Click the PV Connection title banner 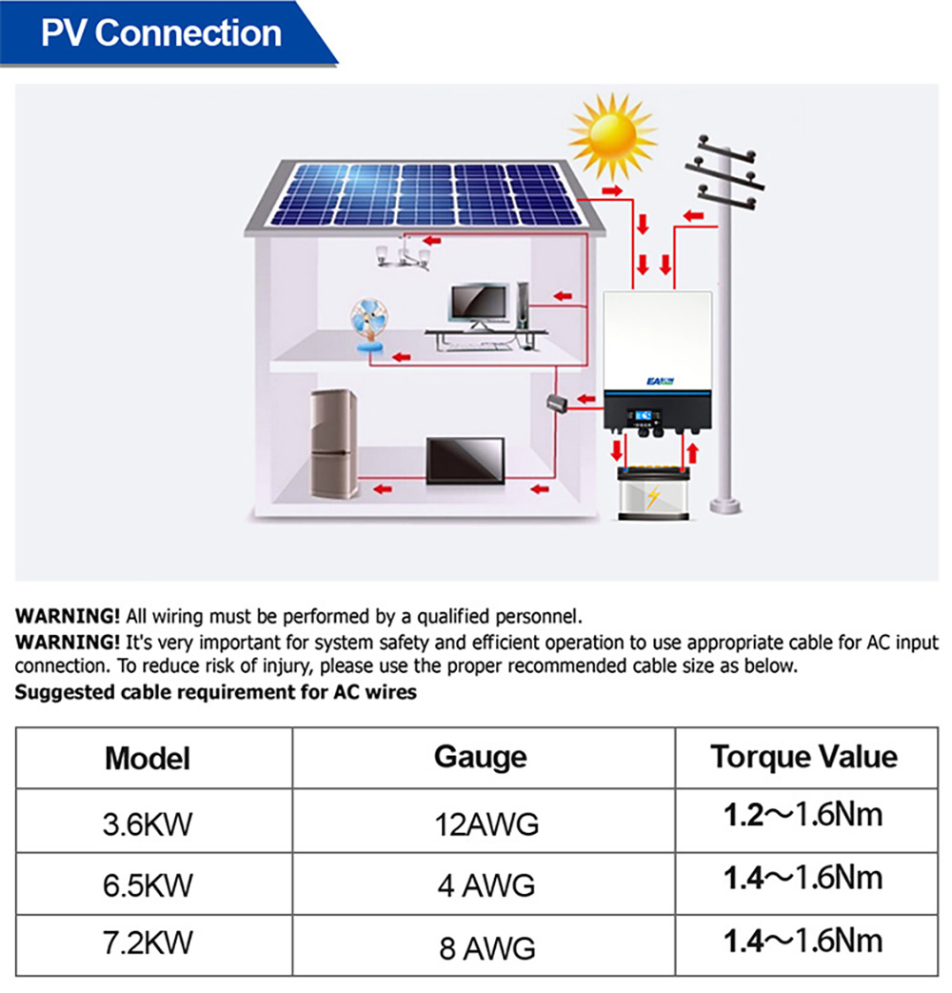click(162, 33)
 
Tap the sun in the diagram click(613, 136)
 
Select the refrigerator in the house click(334, 444)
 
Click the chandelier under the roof click(404, 255)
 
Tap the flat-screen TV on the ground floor click(465, 461)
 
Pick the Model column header click(148, 759)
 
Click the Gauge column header click(480, 757)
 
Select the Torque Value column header click(803, 757)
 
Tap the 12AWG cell click(486, 823)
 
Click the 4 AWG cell click(486, 885)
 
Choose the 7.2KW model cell click(148, 943)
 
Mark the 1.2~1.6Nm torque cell click(803, 815)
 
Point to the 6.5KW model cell click(148, 885)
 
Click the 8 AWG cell click(486, 948)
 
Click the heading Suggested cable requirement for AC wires click(215, 692)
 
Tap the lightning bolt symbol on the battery click(652, 498)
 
